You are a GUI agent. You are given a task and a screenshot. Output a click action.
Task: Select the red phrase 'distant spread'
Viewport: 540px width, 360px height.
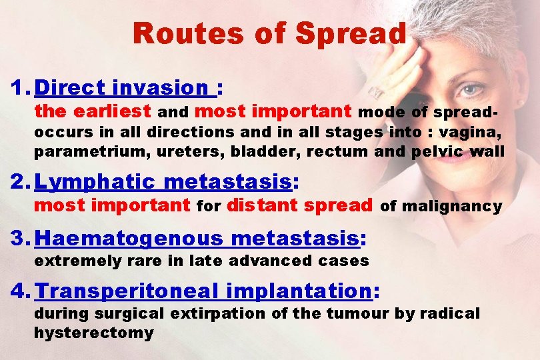pos(299,205)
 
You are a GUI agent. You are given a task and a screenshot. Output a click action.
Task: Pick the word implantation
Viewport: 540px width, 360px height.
pos(300,291)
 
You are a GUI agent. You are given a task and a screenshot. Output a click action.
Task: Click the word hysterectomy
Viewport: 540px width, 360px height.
pos(93,332)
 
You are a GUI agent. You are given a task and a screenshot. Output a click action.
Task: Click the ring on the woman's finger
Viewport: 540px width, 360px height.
pos(377,91)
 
